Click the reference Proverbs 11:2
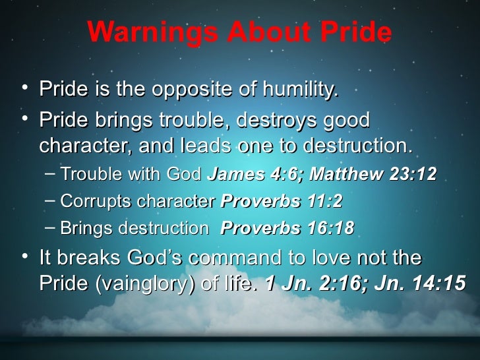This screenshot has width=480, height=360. pos(282,201)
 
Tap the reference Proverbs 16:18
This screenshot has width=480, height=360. pos(287,228)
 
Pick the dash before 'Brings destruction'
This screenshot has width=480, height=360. pos(50,227)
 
